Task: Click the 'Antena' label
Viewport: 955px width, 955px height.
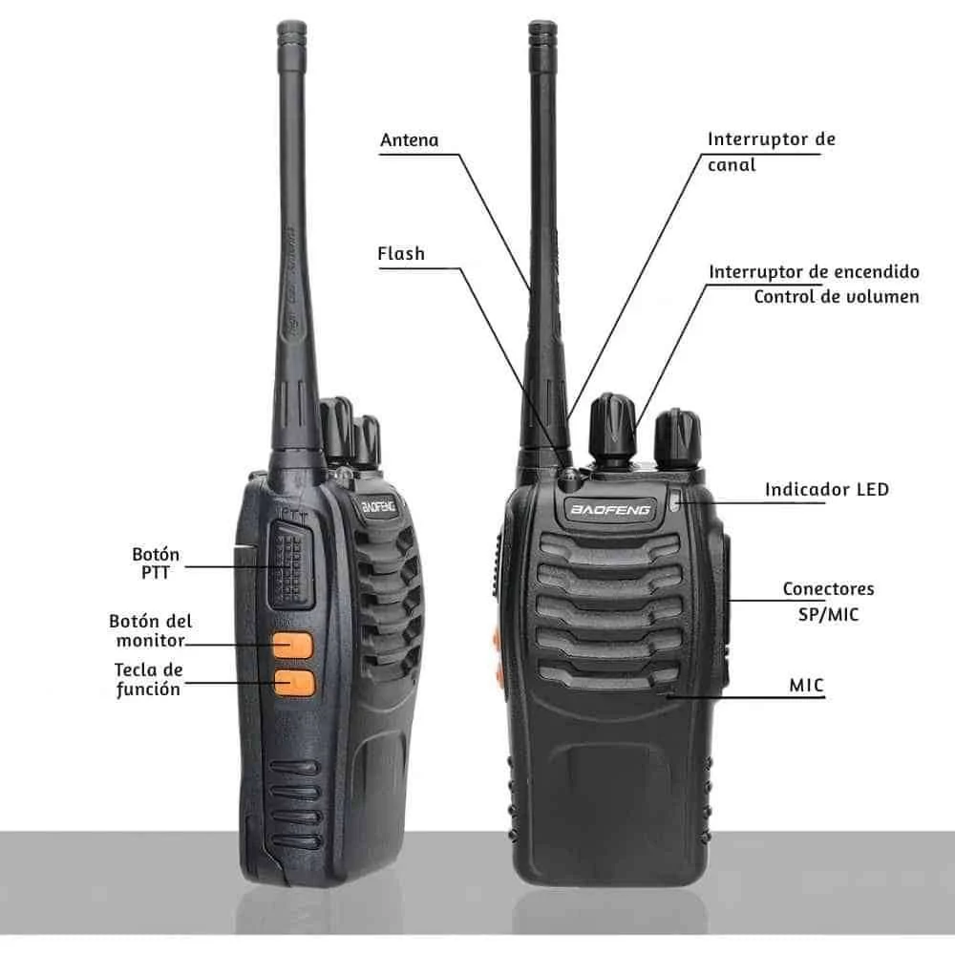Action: click(x=410, y=140)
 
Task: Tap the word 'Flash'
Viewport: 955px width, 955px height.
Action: click(x=401, y=253)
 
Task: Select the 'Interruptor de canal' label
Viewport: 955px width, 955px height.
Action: click(x=771, y=152)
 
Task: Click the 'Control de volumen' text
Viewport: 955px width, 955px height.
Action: click(x=837, y=297)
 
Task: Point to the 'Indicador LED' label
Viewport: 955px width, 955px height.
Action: click(x=826, y=490)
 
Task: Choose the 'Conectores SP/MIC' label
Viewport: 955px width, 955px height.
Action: click(x=828, y=601)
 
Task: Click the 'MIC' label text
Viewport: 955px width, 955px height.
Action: click(x=806, y=685)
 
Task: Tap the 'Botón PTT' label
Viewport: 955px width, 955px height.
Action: click(x=156, y=563)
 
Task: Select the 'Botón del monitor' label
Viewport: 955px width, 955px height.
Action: click(x=151, y=630)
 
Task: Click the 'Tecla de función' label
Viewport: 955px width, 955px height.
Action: click(x=149, y=679)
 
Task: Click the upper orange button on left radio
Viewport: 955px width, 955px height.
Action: click(x=292, y=646)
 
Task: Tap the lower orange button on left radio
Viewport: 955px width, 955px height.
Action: click(x=294, y=684)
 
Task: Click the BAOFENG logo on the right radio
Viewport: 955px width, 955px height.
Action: click(x=609, y=509)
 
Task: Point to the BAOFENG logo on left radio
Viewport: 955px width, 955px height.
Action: click(x=378, y=507)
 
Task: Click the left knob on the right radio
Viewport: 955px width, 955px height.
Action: click(x=612, y=428)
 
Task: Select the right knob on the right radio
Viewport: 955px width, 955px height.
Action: click(x=677, y=438)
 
